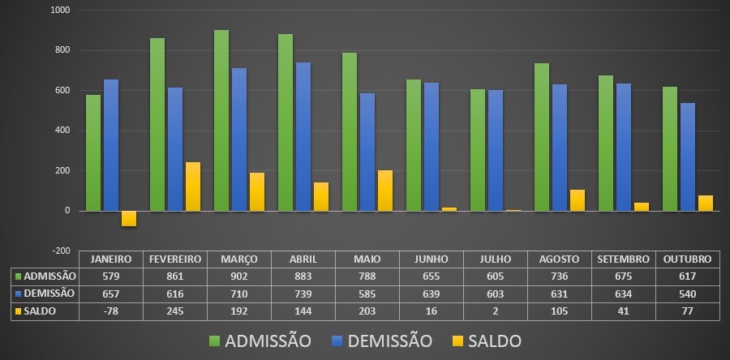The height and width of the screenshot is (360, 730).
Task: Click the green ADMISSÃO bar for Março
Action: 221,121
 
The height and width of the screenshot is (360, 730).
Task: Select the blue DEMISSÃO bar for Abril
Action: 303,137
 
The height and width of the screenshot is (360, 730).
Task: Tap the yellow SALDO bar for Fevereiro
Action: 193,186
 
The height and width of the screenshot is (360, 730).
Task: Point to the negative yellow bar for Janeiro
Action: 129,218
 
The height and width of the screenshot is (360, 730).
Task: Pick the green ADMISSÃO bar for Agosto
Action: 542,137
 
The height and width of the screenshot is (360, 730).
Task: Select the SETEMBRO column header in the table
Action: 623,259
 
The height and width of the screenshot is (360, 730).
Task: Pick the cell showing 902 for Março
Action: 238,276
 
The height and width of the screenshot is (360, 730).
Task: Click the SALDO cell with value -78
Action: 110,311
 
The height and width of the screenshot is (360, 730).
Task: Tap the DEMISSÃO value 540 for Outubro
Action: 687,294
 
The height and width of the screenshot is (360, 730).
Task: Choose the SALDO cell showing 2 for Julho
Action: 495,311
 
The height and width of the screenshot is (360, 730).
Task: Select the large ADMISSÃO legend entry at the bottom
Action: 260,341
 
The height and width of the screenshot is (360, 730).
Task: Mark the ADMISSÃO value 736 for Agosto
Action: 559,276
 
